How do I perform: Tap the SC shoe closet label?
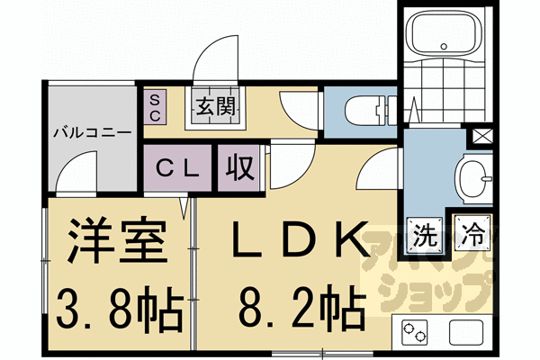click(x=154, y=107)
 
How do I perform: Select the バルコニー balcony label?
click(x=92, y=131)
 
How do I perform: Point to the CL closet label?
click(x=180, y=167)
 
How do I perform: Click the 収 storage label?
click(x=238, y=167)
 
